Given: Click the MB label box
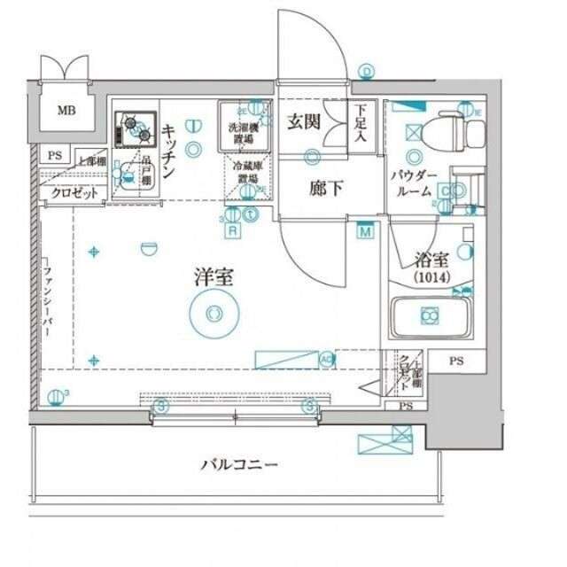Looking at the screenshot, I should coord(66,111).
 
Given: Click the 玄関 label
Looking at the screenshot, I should coord(302,123).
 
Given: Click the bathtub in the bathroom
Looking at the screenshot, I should coord(430,316).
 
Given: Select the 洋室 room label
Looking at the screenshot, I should coord(214,276).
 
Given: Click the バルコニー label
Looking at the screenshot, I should coord(239,463).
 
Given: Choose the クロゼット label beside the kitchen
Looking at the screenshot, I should coord(73,193).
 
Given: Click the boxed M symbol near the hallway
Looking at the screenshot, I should coord(365,232).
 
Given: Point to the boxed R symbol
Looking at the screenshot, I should coord(233,230).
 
